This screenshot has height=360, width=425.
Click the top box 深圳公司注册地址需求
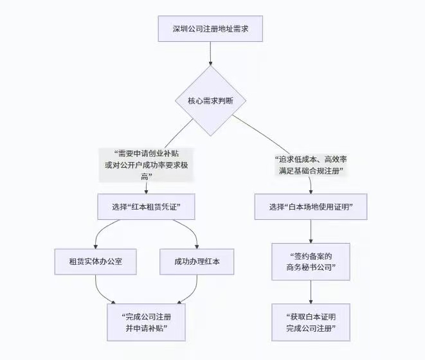click(210, 29)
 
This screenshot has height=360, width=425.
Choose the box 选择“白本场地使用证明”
click(311, 207)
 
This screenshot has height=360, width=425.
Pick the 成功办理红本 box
click(195, 262)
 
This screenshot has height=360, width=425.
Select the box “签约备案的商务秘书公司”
click(311, 262)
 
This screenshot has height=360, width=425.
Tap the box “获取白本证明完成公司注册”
click(311, 321)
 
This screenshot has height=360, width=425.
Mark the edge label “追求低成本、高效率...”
click(311, 165)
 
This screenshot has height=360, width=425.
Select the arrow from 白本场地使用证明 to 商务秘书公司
click(311, 231)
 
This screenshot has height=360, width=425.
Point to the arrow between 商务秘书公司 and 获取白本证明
click(311, 292)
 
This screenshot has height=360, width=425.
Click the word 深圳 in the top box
click(180, 29)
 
